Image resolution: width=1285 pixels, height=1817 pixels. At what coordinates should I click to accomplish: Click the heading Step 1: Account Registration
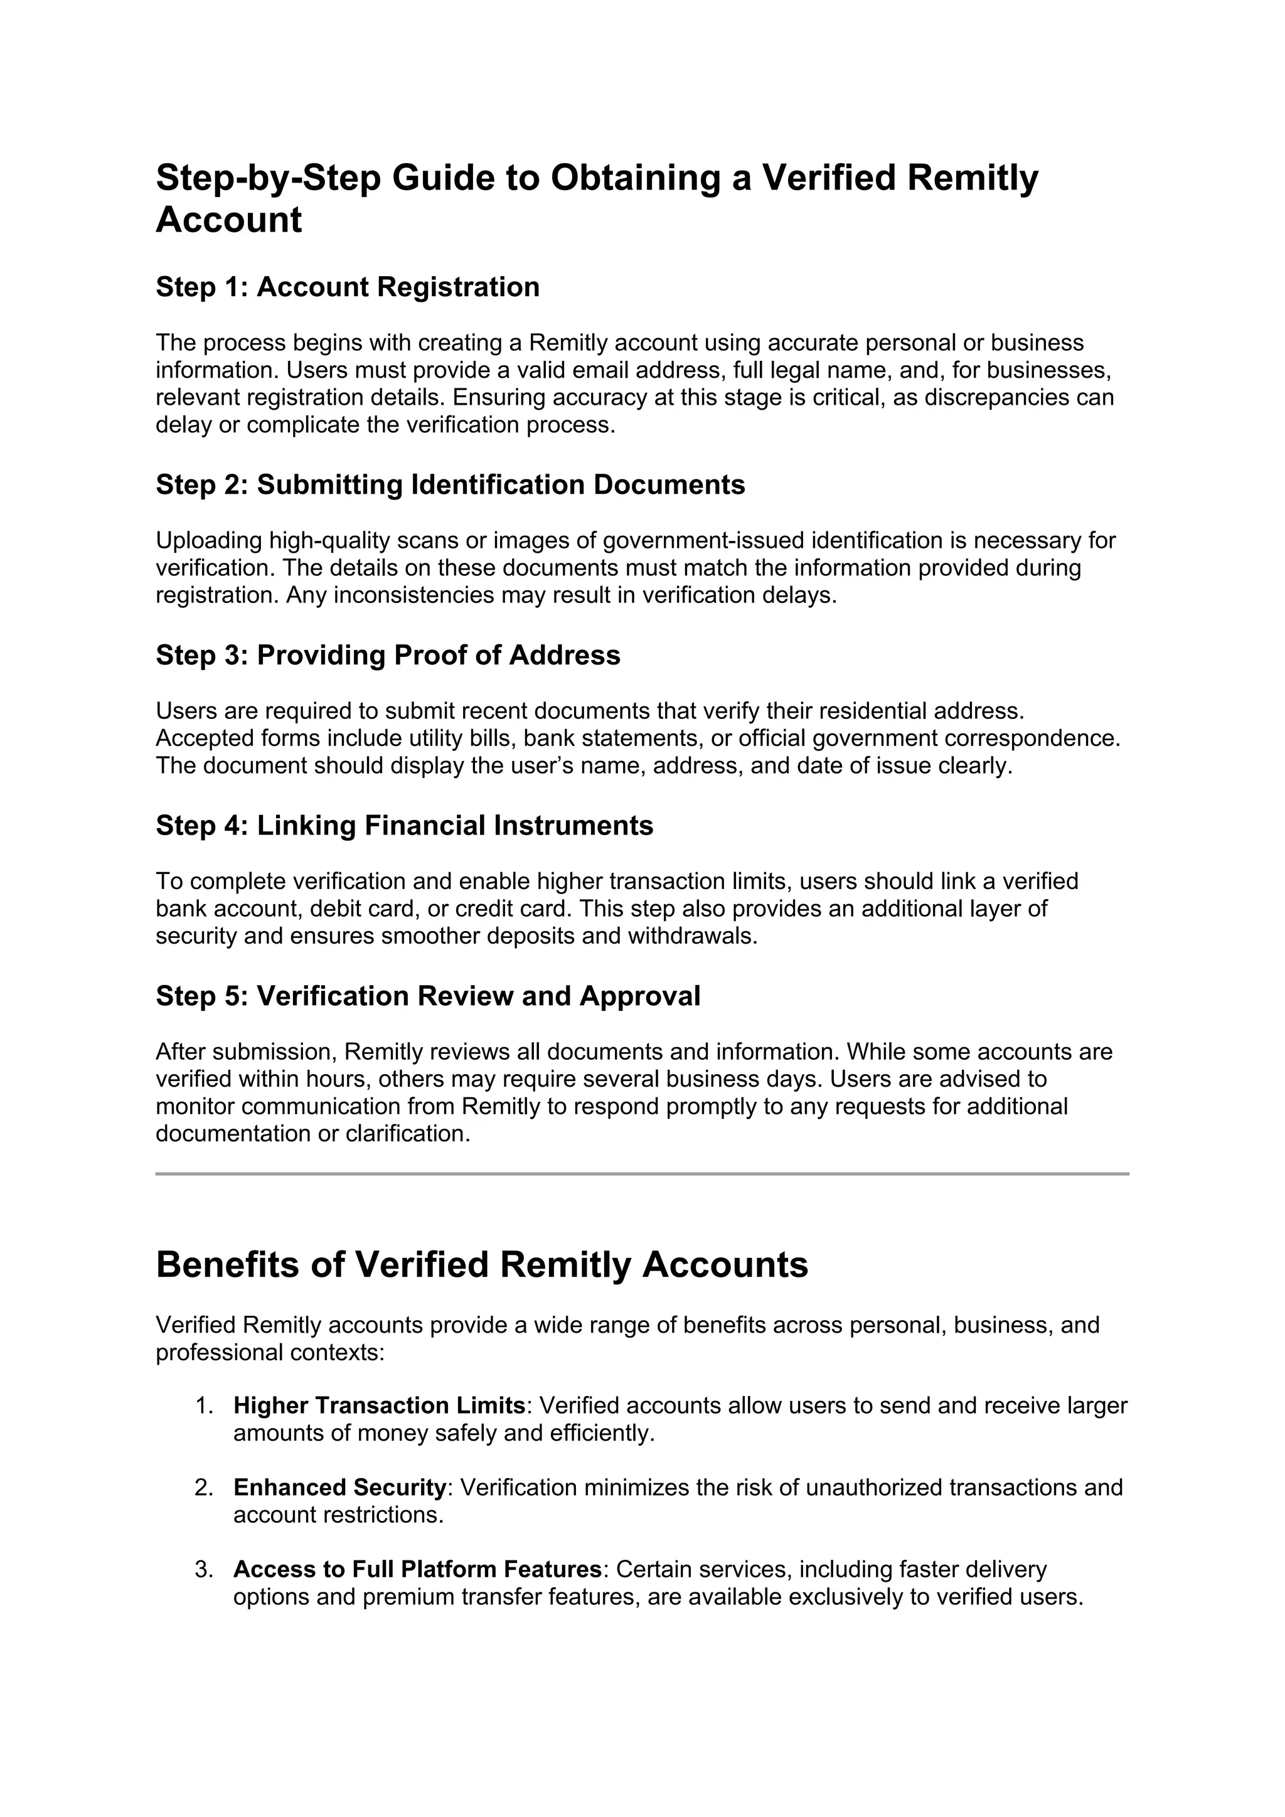pos(348,287)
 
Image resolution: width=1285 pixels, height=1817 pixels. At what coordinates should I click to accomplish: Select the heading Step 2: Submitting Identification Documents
pos(451,484)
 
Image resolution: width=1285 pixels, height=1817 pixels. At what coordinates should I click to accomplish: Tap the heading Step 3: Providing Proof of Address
pos(388,654)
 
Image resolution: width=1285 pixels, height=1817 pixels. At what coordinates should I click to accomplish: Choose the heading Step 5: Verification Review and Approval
pos(428,996)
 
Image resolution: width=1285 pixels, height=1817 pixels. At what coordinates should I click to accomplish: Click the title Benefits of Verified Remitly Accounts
pos(482,1265)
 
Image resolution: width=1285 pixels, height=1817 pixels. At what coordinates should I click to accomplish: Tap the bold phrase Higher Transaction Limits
pos(379,1405)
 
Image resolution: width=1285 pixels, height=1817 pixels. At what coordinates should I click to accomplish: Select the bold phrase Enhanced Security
pos(339,1488)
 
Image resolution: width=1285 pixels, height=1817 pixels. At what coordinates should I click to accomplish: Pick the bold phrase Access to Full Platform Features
pos(417,1569)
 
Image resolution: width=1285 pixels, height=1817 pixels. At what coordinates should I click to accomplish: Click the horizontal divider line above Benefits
pos(642,1175)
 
